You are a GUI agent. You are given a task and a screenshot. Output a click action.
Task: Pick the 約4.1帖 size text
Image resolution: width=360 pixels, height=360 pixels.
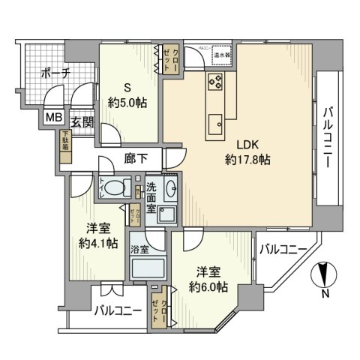coord(95,244)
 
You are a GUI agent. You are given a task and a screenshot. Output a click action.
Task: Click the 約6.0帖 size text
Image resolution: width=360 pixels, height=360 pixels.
coord(207,283)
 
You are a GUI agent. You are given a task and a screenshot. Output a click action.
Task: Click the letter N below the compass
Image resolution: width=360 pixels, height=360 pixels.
coord(324,293)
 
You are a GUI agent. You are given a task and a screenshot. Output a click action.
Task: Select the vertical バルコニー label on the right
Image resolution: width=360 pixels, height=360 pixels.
coord(328,139)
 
